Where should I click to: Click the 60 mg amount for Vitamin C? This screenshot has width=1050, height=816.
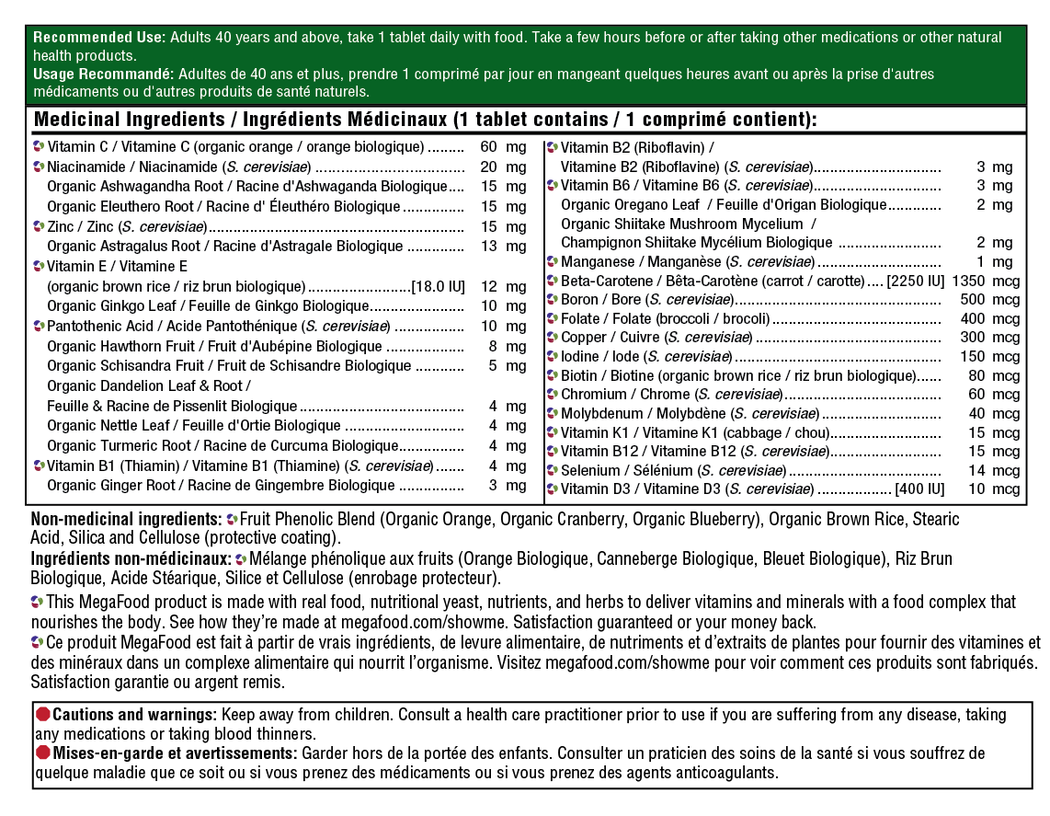pos(503,147)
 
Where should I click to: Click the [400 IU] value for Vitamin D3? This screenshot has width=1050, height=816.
pos(919,489)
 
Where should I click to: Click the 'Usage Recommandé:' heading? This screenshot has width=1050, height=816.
pos(103,74)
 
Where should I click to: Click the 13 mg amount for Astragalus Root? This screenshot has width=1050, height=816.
pos(503,247)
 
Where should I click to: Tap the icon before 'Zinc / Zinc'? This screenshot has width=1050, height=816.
pos(38,226)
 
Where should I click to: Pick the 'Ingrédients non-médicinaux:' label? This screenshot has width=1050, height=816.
pos(131,559)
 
